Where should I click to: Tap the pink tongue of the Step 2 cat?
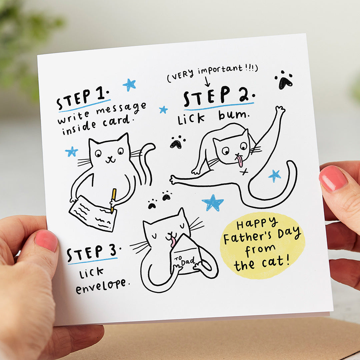(240, 161)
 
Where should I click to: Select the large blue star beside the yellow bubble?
(212, 202)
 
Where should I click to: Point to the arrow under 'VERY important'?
(207, 81)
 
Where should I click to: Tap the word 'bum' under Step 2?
(233, 116)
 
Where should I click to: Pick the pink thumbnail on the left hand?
(46, 240)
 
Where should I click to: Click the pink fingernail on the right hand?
(333, 178)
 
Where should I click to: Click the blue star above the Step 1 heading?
(129, 85)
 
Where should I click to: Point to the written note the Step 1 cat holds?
(93, 213)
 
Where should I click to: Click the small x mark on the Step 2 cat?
(244, 172)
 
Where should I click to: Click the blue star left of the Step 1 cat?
(71, 152)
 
